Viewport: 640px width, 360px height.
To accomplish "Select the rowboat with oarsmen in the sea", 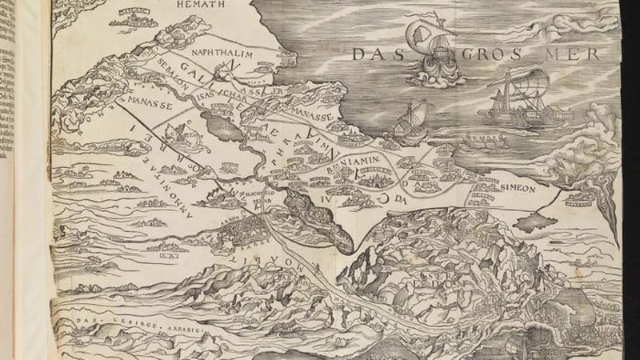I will pyautogui.click(x=485, y=144).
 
